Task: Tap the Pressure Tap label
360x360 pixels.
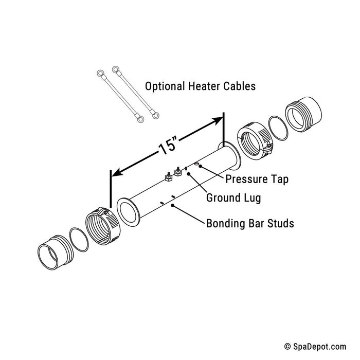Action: coord(257,179)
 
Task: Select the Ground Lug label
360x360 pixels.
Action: coord(233,198)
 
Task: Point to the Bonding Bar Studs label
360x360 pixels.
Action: coord(250,223)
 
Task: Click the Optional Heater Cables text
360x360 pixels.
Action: coord(200,86)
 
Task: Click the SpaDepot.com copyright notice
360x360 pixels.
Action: coord(315,347)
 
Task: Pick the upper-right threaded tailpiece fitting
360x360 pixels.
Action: coord(303,114)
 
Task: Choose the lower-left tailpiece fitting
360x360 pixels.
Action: coord(56,253)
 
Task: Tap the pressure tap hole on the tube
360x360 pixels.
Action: coord(196,164)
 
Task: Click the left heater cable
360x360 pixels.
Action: coord(120,96)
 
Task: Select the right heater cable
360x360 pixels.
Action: coord(135,92)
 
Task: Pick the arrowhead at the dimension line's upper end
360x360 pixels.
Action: coord(217,121)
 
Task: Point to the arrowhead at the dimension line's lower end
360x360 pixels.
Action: coord(117,172)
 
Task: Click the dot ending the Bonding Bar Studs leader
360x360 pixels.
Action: coord(172,206)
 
